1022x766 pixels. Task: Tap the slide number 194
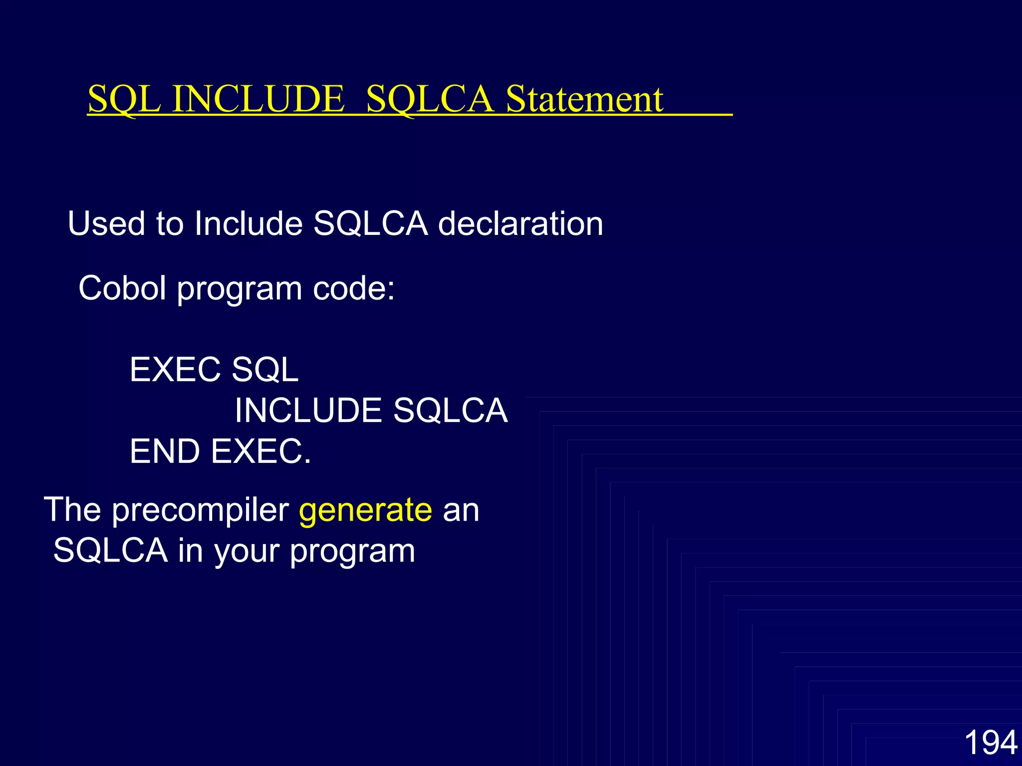pos(991,742)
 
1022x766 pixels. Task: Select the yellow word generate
pos(365,510)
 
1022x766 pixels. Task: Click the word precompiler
pos(200,510)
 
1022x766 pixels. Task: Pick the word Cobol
pos(122,288)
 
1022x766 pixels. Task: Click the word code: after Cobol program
pos(354,288)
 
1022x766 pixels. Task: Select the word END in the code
pos(165,451)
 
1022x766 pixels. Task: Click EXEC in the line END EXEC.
pos(260,451)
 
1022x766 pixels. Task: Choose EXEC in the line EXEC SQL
pos(175,370)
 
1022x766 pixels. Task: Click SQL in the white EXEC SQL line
pos(265,370)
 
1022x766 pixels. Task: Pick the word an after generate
pos(461,510)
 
